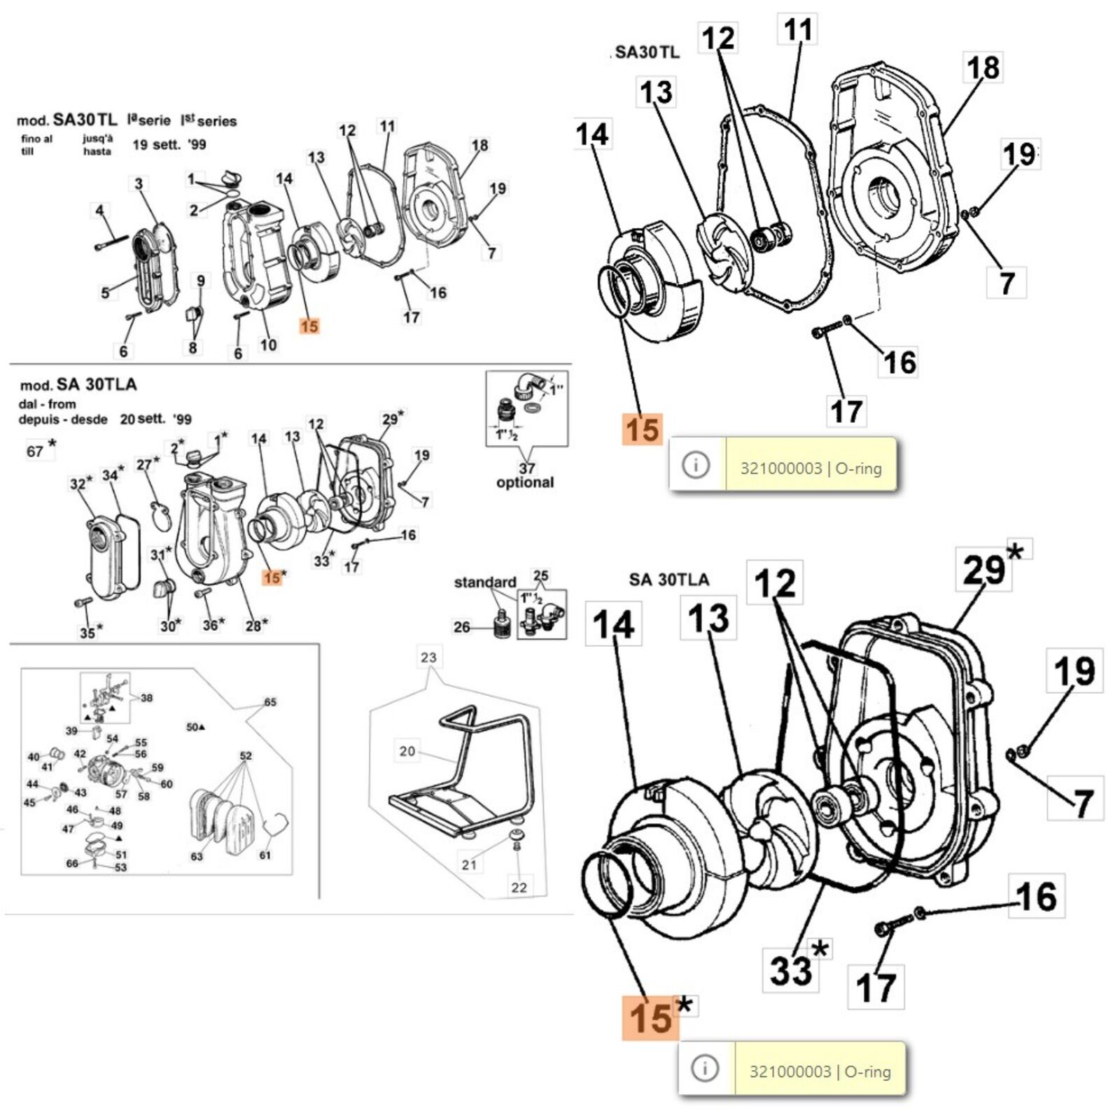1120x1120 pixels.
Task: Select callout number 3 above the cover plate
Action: point(139,184)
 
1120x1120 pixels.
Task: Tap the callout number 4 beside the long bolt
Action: point(99,210)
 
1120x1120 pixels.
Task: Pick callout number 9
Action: point(201,281)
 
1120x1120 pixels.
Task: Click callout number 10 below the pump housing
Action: point(268,344)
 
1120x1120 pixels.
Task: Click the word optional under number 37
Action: point(524,482)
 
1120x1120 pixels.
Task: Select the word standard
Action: point(484,582)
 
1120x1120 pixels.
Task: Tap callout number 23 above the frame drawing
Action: point(428,657)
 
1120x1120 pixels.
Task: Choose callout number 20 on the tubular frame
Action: point(407,751)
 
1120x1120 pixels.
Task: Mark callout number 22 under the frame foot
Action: point(519,887)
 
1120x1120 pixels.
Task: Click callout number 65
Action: point(270,702)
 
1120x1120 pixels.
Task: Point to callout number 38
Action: point(146,698)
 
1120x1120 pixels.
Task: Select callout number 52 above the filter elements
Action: point(246,756)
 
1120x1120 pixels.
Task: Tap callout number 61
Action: point(265,855)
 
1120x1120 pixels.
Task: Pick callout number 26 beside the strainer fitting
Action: point(461,626)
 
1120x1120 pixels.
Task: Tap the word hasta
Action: point(97,151)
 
